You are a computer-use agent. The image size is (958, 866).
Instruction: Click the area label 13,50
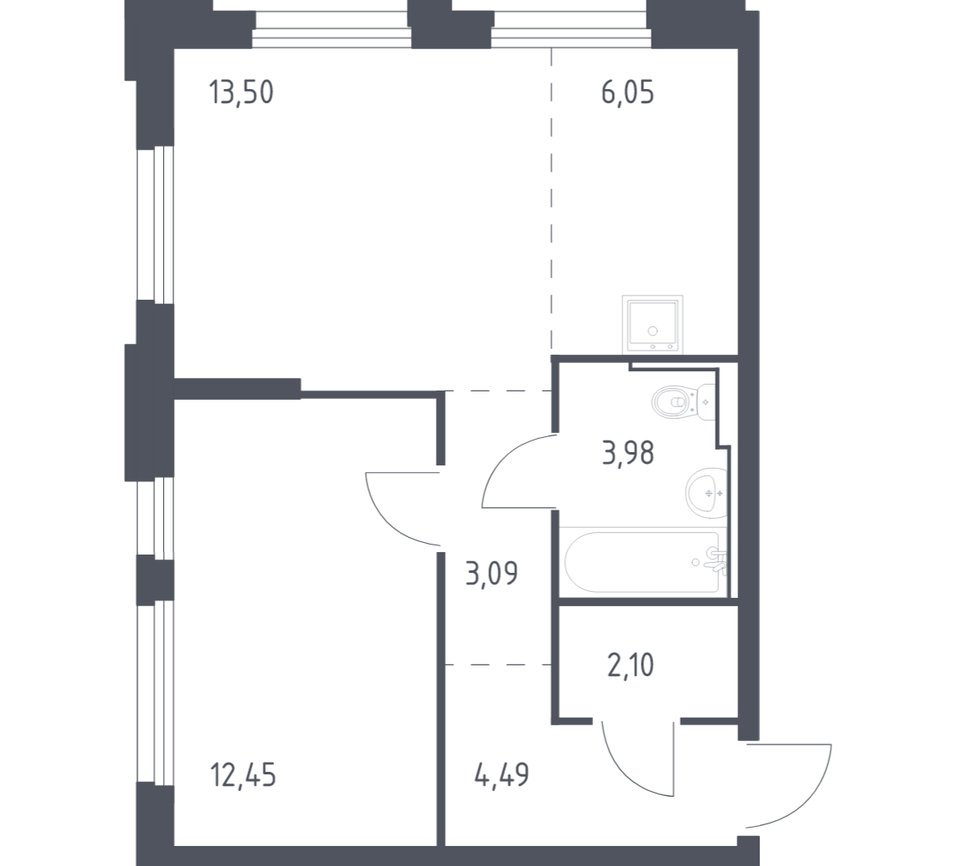click(x=241, y=92)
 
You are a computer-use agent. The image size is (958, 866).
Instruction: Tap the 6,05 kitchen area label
click(x=627, y=92)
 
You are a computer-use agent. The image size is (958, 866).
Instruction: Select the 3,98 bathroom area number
click(x=628, y=453)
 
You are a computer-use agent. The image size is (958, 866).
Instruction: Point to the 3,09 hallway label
click(x=491, y=574)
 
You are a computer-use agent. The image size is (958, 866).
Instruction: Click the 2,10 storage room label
click(x=631, y=665)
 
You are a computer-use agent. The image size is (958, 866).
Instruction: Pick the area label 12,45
click(x=242, y=775)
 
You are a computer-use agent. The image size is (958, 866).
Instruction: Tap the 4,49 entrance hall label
click(x=501, y=775)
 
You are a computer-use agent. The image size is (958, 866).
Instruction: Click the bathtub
click(x=643, y=562)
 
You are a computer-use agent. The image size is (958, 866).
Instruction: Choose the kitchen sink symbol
click(x=652, y=324)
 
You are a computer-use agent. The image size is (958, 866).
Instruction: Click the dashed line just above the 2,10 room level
click(x=498, y=664)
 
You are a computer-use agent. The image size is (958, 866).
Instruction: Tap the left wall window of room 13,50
click(x=155, y=223)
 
